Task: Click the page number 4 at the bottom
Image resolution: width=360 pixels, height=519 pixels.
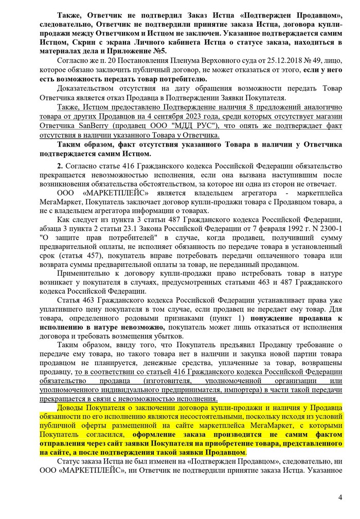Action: coord(340,497)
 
